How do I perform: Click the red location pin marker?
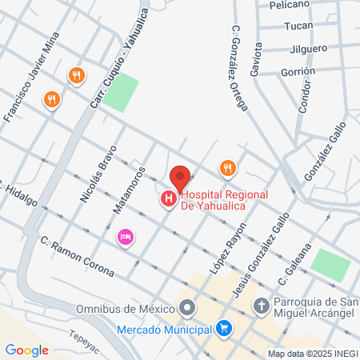click(180, 177)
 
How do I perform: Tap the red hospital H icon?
click(169, 198)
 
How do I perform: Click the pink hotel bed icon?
click(124, 236)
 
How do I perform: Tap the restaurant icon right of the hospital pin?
click(228, 168)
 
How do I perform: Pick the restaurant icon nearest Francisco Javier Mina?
click(52, 99)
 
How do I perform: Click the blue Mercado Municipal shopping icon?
click(225, 328)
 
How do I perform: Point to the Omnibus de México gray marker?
click(187, 307)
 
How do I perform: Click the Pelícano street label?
click(290, 5)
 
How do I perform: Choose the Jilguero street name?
click(305, 48)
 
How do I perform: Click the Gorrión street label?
click(298, 71)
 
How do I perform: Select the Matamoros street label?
click(128, 191)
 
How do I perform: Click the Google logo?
click(27, 350)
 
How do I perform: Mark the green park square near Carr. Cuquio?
click(119, 94)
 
